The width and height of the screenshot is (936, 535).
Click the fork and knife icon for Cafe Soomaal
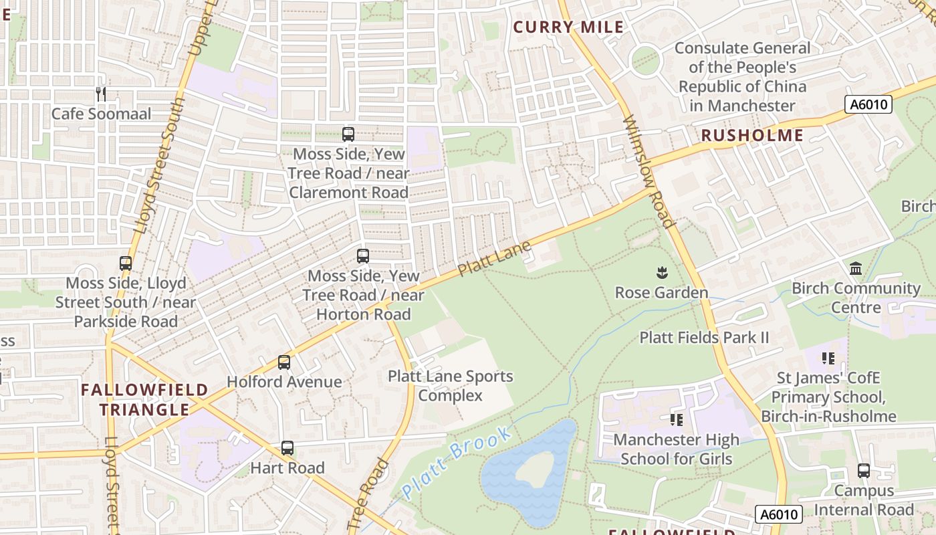click(x=101, y=94)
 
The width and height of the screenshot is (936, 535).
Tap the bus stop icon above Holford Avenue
click(x=284, y=362)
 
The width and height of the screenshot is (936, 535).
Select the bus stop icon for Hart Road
click(x=287, y=448)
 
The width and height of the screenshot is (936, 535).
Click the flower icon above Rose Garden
click(x=661, y=272)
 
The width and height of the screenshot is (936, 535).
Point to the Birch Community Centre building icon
click(x=855, y=269)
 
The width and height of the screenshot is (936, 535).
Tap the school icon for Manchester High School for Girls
click(x=677, y=420)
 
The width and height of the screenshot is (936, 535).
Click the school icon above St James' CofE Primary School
click(x=829, y=358)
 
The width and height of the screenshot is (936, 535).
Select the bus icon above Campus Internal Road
click(x=864, y=471)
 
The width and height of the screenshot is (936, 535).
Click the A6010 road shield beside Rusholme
click(x=868, y=104)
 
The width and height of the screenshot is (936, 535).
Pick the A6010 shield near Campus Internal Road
click(x=779, y=514)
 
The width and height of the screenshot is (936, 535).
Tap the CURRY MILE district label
click(x=568, y=27)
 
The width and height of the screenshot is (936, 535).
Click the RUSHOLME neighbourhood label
click(x=752, y=136)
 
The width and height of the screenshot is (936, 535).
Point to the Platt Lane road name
click(x=495, y=259)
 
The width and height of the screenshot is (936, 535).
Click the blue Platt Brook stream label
click(x=457, y=461)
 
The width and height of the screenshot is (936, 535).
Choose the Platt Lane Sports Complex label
click(x=450, y=386)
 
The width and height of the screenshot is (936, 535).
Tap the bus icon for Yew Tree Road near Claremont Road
click(x=348, y=134)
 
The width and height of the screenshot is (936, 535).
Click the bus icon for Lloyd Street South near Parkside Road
click(x=126, y=263)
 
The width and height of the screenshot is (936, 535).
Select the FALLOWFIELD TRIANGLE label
click(x=144, y=399)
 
